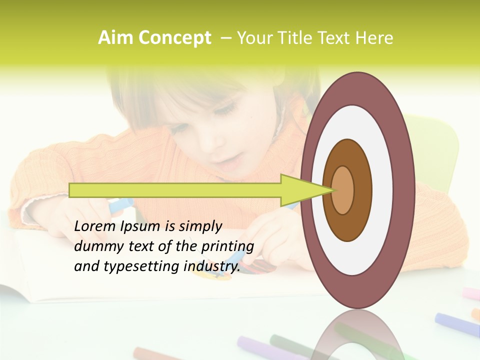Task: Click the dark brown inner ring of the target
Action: point(347,225)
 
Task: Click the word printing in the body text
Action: point(227,246)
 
